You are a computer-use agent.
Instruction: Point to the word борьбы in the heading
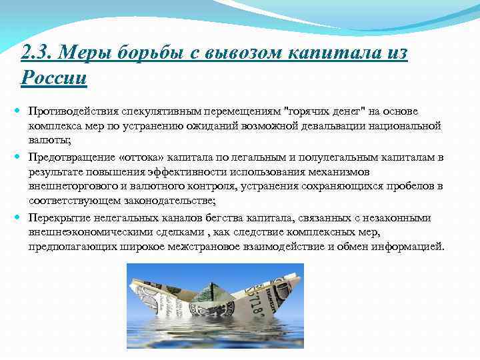pos(143,51)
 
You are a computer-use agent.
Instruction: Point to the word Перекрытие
pos(59,217)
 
